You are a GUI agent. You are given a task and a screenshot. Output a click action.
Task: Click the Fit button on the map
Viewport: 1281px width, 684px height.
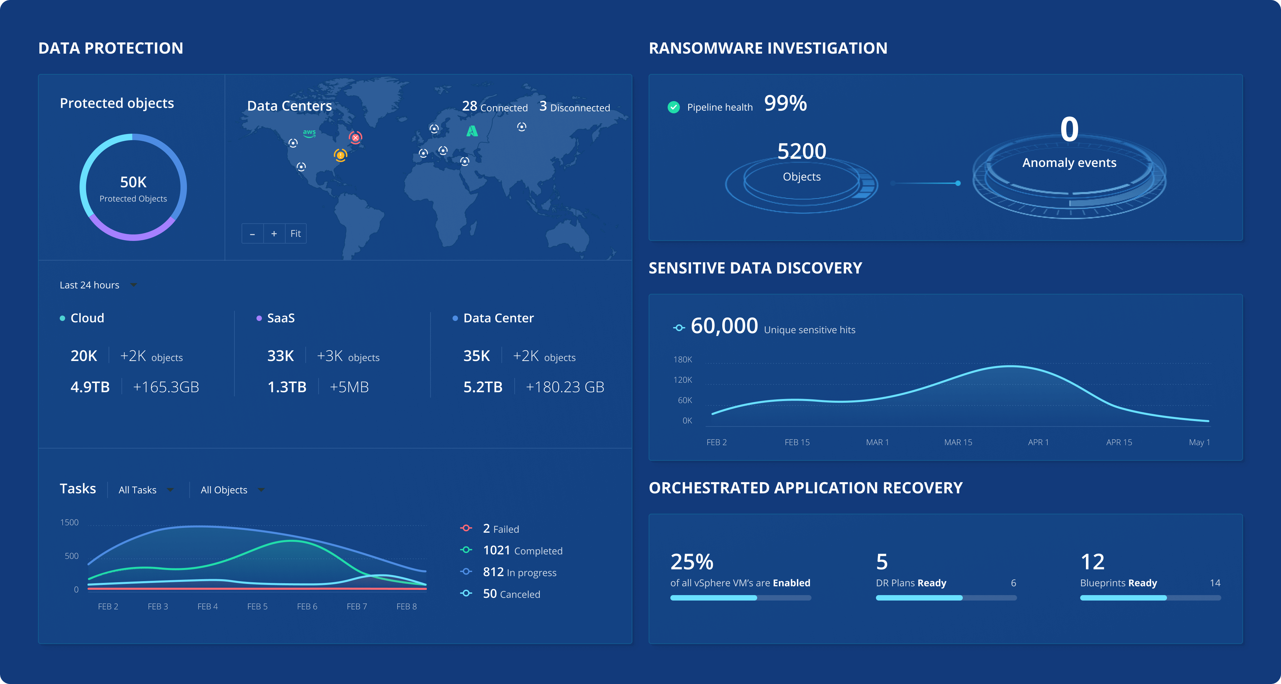click(x=295, y=233)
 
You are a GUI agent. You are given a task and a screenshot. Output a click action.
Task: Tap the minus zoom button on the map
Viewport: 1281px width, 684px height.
click(x=253, y=233)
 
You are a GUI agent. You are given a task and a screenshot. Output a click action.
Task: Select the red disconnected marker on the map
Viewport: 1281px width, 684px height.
click(x=356, y=137)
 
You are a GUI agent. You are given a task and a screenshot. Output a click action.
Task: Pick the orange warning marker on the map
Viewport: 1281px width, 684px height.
click(x=341, y=155)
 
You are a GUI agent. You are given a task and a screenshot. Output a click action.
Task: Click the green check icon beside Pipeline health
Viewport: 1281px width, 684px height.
click(x=674, y=107)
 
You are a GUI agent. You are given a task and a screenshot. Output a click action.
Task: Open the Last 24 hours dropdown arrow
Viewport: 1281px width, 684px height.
click(x=133, y=285)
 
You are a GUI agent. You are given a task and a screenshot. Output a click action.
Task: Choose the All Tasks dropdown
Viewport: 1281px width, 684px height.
click(x=146, y=490)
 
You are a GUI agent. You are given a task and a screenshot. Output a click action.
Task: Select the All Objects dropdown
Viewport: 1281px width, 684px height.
click(x=232, y=490)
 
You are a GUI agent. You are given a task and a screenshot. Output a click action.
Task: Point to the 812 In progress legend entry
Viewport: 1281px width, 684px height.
click(x=519, y=572)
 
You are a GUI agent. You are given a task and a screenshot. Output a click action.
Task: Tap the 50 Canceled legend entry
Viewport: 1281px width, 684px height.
click(x=511, y=594)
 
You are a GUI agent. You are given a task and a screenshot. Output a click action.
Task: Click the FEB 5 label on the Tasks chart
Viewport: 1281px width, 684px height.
click(x=257, y=606)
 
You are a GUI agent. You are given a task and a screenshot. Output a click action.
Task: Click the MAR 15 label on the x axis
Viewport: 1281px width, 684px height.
click(x=958, y=442)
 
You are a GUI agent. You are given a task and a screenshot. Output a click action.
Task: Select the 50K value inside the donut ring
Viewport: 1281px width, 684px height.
click(x=133, y=182)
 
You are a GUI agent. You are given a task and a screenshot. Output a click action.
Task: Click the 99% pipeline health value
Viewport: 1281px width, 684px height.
click(x=785, y=103)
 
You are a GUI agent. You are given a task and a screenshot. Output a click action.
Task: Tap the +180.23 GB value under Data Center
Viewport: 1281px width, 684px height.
click(x=565, y=387)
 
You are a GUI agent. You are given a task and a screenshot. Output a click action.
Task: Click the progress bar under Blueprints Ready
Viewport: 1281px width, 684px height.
click(x=1150, y=598)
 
